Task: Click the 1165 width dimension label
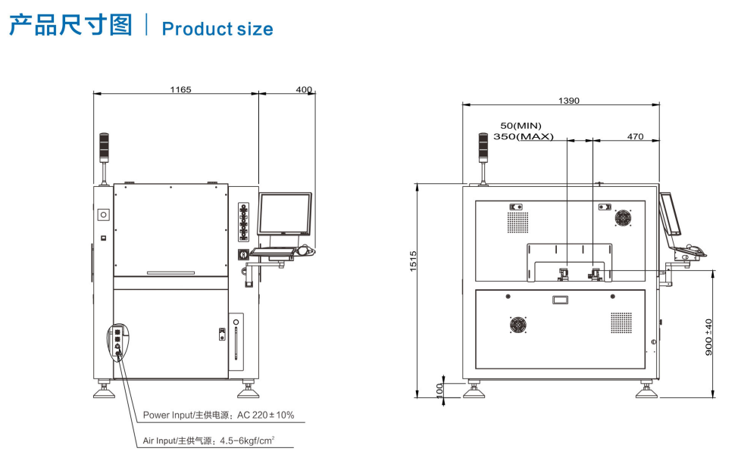click(x=180, y=89)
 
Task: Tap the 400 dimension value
click(x=304, y=89)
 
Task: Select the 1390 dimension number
click(x=568, y=101)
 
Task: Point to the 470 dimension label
click(x=635, y=136)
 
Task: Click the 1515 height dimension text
click(x=413, y=261)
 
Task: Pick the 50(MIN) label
click(x=521, y=126)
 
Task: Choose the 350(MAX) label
click(x=523, y=136)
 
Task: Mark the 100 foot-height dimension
click(x=439, y=391)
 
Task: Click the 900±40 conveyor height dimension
click(x=708, y=338)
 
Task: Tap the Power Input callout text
click(x=218, y=416)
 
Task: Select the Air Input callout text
click(x=208, y=440)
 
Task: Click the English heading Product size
click(x=217, y=29)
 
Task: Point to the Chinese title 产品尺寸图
click(x=71, y=25)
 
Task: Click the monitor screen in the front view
click(x=284, y=213)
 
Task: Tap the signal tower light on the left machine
click(x=104, y=148)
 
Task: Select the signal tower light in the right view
click(x=483, y=148)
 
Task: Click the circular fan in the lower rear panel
click(x=518, y=325)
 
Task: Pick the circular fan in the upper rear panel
click(x=623, y=218)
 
